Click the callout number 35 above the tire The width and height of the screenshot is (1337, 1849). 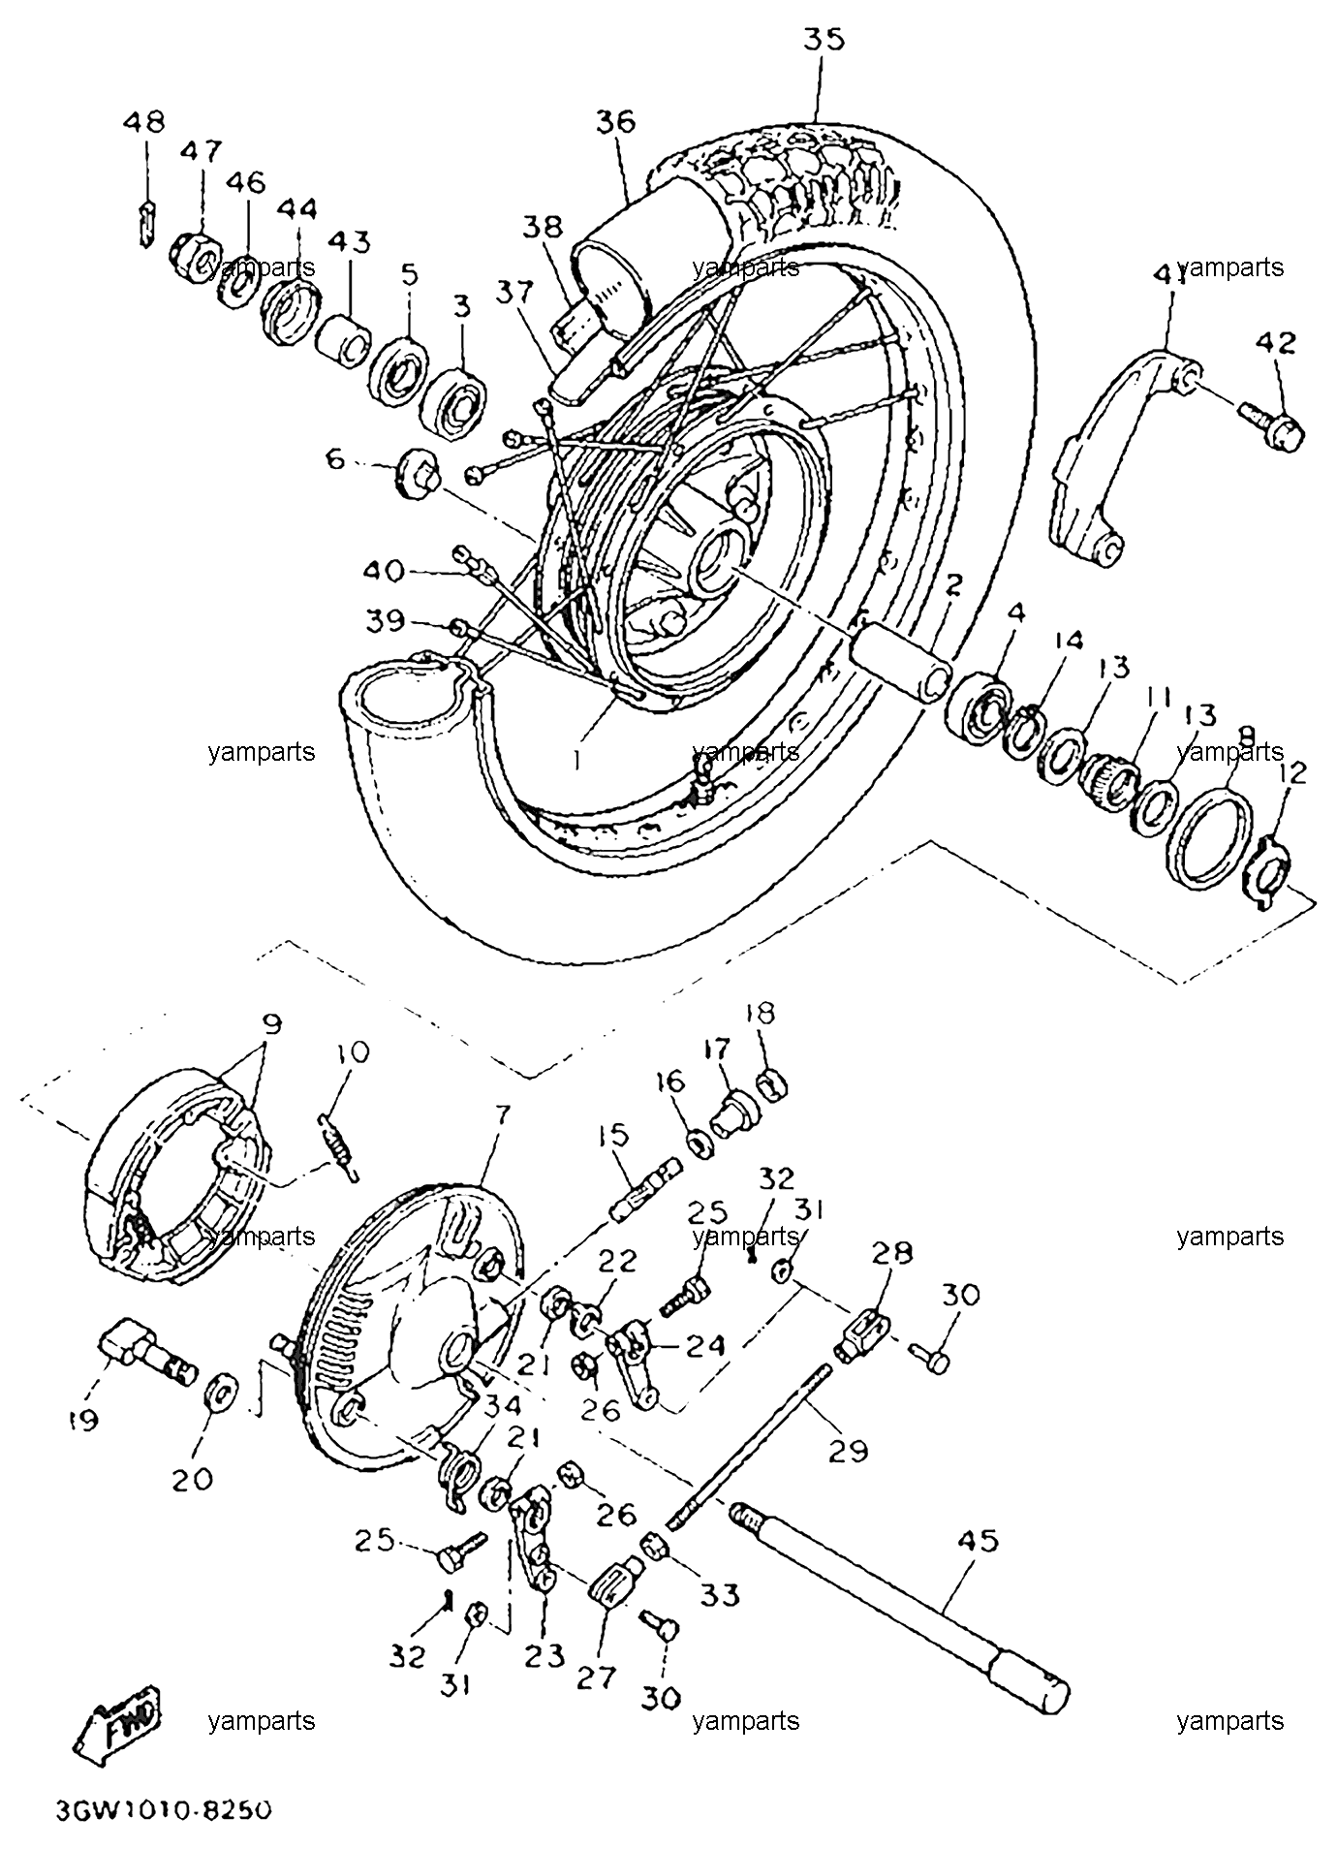click(x=823, y=40)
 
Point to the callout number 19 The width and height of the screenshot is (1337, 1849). click(x=82, y=1421)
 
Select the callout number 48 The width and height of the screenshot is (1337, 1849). click(x=143, y=122)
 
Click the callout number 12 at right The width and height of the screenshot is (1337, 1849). click(x=1291, y=772)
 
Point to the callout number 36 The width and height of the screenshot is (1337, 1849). click(x=616, y=122)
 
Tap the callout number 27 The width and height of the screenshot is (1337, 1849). click(x=596, y=1677)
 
